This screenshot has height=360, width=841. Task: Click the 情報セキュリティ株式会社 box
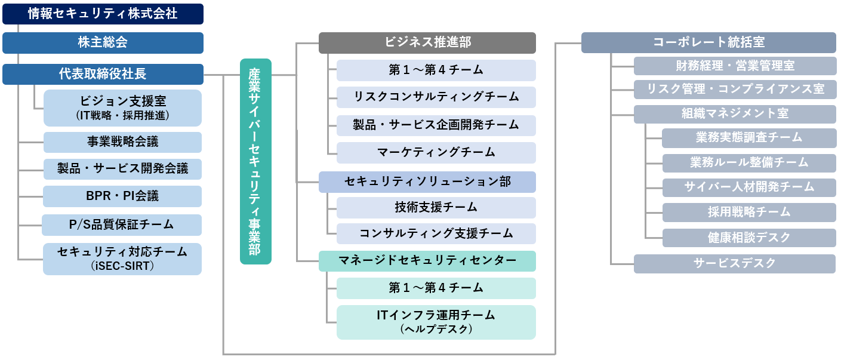coord(103,14)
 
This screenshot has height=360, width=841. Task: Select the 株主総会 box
coord(103,42)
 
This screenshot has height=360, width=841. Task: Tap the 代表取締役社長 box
coord(103,74)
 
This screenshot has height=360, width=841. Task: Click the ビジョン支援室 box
coord(122,107)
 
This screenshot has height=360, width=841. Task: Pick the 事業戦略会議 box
coord(122,142)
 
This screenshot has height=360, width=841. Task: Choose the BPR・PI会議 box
coord(122,196)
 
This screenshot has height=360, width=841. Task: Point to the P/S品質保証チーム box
coord(122,224)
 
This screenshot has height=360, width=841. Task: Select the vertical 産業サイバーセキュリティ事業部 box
coord(255,161)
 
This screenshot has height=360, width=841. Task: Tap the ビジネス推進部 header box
coord(427,42)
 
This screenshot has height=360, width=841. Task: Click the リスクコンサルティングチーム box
coord(436,97)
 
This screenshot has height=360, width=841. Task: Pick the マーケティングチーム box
coord(436,152)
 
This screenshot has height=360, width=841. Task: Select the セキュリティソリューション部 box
coord(427,181)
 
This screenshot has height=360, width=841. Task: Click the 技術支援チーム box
coord(436,207)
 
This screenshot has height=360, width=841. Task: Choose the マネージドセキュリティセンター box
coord(427,260)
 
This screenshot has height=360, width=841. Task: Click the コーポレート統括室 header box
coord(708,42)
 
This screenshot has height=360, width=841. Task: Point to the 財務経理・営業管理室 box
coord(735,66)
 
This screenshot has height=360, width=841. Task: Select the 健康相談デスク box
coord(749,237)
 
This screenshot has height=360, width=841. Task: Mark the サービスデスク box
coord(735,263)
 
